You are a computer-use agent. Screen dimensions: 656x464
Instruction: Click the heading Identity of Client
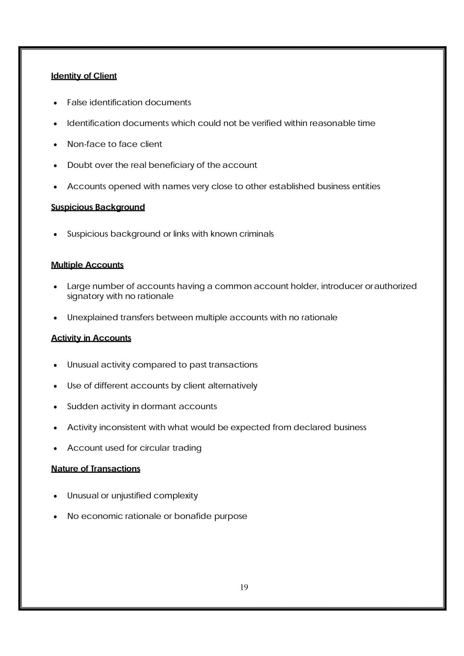tap(84, 76)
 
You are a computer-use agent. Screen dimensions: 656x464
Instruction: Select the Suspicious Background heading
tap(98, 207)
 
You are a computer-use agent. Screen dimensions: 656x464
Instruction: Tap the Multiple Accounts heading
tap(87, 265)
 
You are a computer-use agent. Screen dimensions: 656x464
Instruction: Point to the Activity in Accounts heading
tap(91, 338)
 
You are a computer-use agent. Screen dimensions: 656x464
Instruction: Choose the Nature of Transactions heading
tap(96, 469)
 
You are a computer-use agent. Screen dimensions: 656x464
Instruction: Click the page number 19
tap(244, 587)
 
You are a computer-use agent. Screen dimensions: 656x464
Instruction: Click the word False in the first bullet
tap(77, 102)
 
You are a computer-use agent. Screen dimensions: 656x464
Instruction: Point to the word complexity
tap(176, 496)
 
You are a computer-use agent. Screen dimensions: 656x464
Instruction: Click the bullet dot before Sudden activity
tap(56, 407)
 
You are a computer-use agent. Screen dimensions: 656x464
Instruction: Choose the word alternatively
tap(232, 386)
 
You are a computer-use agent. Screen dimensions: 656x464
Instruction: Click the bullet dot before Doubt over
tap(56, 166)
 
